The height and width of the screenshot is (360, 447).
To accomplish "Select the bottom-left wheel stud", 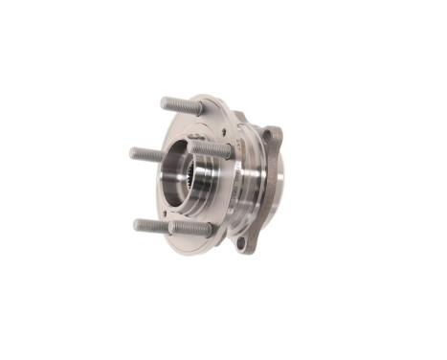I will (150, 226).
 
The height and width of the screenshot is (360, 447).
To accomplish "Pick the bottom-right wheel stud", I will (191, 229).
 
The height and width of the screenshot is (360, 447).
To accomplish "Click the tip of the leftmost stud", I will (133, 151).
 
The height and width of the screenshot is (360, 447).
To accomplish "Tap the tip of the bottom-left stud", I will (137, 225).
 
